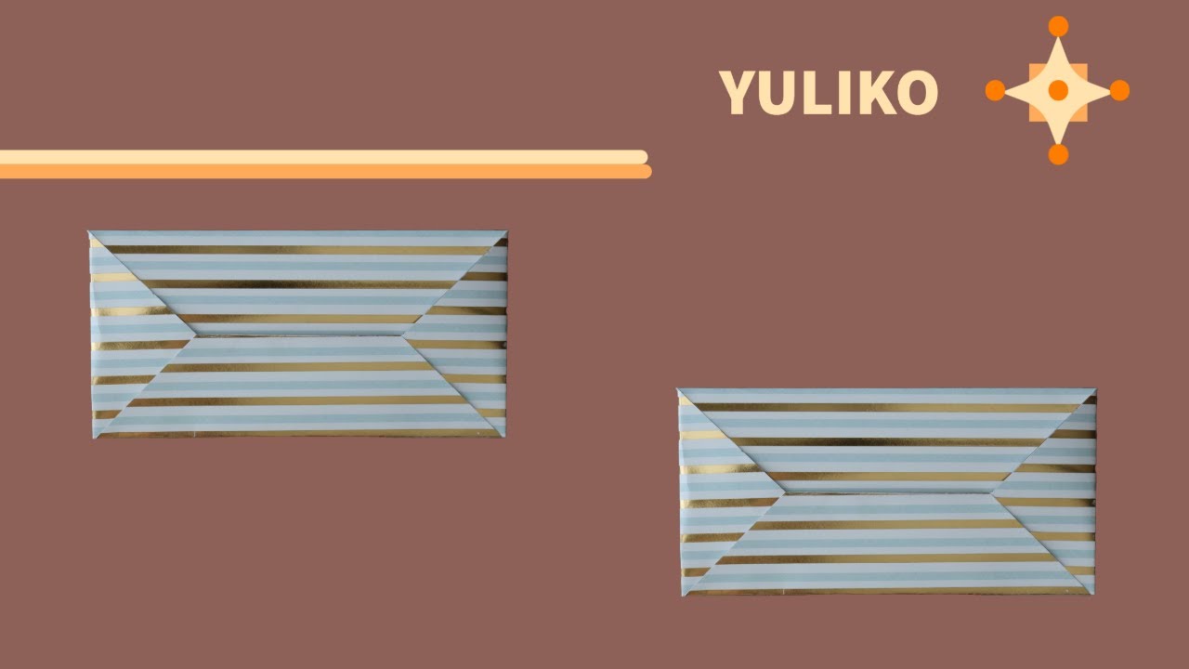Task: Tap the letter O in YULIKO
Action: [x=917, y=93]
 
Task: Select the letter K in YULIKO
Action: [x=875, y=93]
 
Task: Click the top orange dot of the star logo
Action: [x=1058, y=26]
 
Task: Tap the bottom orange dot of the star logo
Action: [x=1058, y=154]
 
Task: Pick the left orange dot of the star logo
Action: [x=995, y=90]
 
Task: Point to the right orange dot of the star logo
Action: [x=1119, y=90]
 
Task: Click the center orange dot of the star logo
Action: [x=1058, y=90]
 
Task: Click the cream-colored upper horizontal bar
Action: [x=324, y=157]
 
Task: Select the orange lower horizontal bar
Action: [x=325, y=172]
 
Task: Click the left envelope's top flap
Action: [x=298, y=282]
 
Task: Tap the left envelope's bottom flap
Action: [x=297, y=387]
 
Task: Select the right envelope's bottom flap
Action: [x=885, y=544]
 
